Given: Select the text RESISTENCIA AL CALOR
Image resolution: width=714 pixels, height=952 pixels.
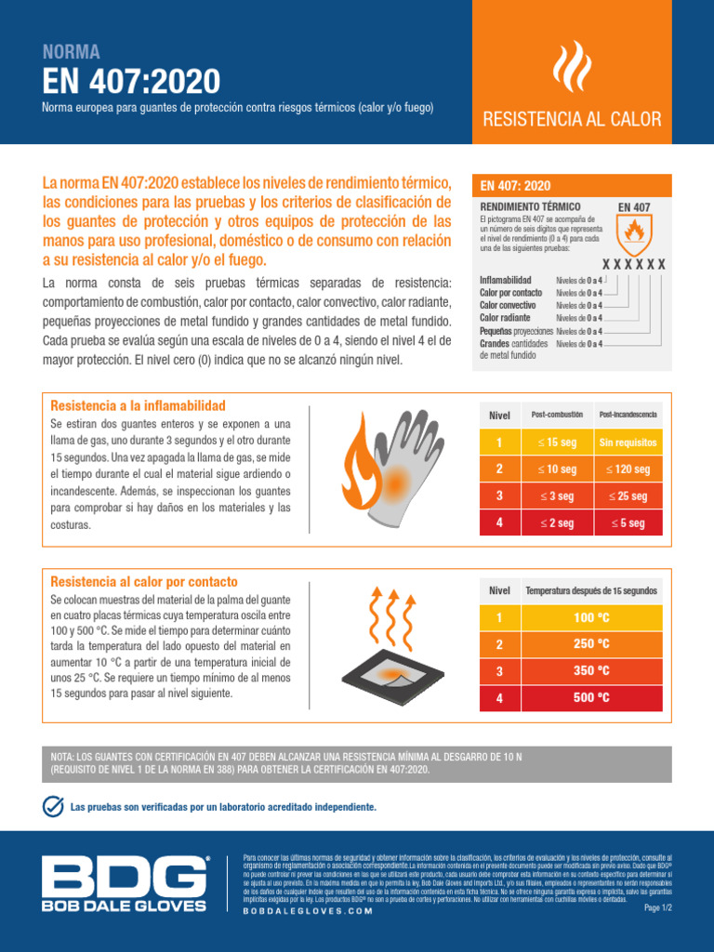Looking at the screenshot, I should click(571, 119).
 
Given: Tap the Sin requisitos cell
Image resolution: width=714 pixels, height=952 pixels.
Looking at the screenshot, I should click(628, 443).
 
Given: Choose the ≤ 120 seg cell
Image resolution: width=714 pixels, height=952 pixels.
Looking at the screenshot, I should click(628, 469).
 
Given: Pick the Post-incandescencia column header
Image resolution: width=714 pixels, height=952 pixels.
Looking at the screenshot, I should click(628, 414).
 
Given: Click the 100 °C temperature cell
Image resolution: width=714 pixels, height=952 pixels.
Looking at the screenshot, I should click(591, 618).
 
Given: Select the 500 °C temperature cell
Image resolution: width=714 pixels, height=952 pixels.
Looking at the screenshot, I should click(591, 697).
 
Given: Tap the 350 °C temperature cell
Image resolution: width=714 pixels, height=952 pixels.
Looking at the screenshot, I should click(591, 670).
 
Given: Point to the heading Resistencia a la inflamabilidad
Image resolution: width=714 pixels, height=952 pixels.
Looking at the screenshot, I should click(138, 406).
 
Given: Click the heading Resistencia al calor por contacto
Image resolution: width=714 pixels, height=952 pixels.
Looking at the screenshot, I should click(144, 582).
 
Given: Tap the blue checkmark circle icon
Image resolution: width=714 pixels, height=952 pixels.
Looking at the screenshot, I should click(54, 806).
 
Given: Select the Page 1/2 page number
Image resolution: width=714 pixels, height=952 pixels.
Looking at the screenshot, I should click(657, 907).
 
